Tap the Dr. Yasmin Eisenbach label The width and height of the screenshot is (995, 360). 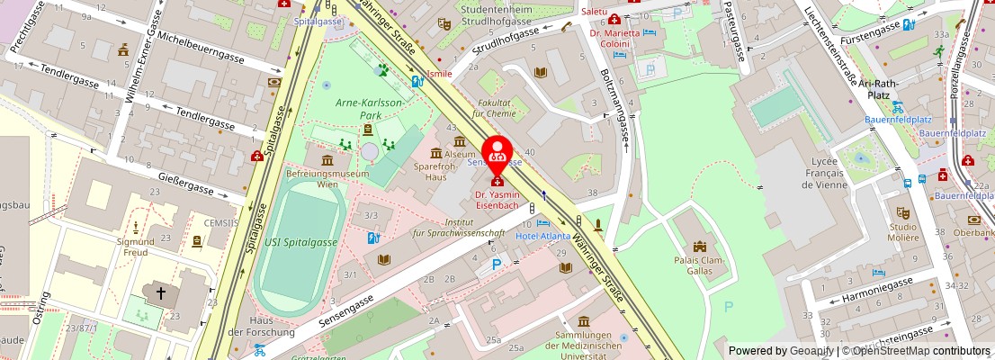point(497,200)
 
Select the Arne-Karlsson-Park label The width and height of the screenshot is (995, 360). point(369,108)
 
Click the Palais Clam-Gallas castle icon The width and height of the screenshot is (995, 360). point(700,246)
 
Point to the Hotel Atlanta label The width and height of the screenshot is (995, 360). point(543,236)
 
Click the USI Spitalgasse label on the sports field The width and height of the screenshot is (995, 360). point(301,242)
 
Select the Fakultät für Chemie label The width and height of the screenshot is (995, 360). point(494,108)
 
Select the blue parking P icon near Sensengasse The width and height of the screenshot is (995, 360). point(497,265)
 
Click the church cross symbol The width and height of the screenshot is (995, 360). point(162,292)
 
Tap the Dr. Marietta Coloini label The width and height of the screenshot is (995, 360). point(615,38)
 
